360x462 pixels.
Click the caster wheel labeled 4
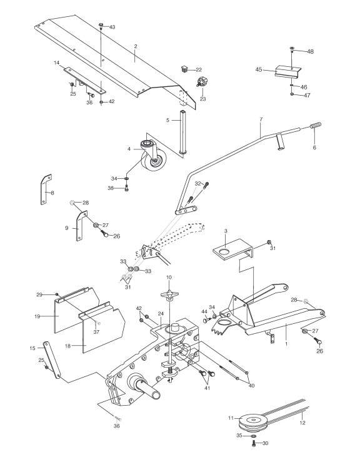click(x=152, y=155)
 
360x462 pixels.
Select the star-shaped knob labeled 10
click(x=169, y=295)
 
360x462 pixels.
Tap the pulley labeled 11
click(x=252, y=421)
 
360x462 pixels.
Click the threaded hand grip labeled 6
click(x=316, y=125)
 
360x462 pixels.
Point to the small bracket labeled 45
click(x=287, y=72)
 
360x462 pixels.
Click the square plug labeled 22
click(x=185, y=69)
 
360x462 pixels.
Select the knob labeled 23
click(x=201, y=81)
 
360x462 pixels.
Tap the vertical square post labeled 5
click(x=183, y=132)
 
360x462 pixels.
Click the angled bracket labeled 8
click(x=46, y=189)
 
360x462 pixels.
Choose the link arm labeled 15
click(x=52, y=360)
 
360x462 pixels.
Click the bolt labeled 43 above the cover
click(x=101, y=26)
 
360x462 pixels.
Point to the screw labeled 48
click(x=292, y=49)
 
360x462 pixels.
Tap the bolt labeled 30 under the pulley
click(x=254, y=443)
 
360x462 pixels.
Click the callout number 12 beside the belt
click(x=302, y=423)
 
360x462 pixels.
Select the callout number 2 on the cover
click(x=136, y=46)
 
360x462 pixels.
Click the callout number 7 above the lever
click(x=261, y=119)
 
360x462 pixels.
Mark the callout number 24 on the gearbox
click(x=161, y=313)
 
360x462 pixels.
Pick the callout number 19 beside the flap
click(x=37, y=316)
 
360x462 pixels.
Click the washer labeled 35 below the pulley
click(x=253, y=435)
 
